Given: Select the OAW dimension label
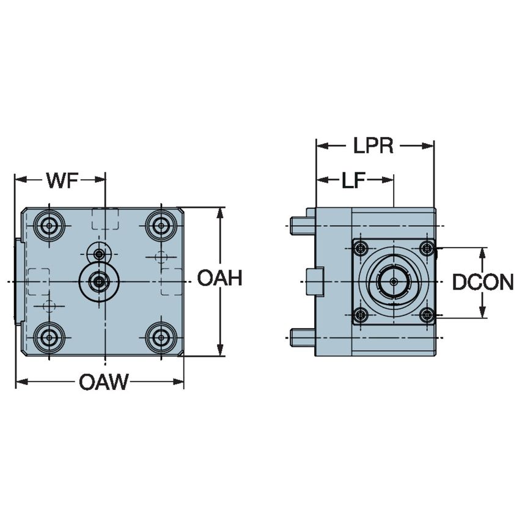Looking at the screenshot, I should [x=104, y=383].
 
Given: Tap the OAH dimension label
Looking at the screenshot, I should [x=219, y=279].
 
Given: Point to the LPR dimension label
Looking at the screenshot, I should [x=373, y=146].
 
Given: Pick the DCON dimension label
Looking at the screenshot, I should [x=482, y=282].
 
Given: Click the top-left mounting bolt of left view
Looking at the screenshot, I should [x=49, y=226].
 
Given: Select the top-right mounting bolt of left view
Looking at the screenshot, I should [x=161, y=226].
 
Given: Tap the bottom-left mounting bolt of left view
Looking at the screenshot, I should [x=49, y=335].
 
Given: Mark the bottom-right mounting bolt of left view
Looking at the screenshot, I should [x=161, y=335].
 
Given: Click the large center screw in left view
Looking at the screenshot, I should [x=98, y=281].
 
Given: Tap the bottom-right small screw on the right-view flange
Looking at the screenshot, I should [x=427, y=315].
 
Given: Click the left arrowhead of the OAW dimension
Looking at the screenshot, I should [x=20, y=383].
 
